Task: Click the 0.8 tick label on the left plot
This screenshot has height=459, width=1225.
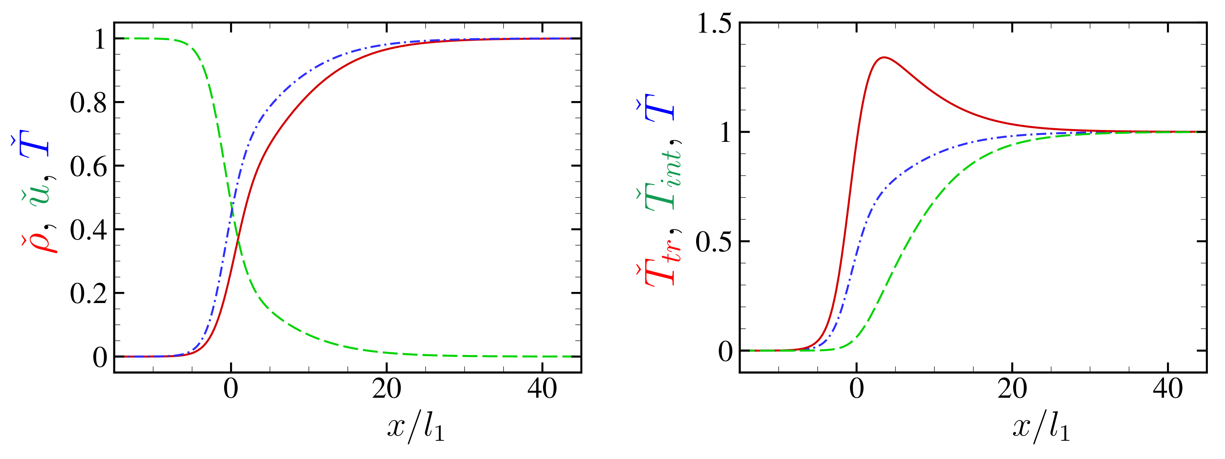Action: click(x=88, y=103)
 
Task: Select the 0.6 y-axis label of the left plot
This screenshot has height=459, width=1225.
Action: click(x=88, y=167)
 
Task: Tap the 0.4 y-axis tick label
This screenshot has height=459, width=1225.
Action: click(x=88, y=231)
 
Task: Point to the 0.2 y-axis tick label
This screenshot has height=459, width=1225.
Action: click(x=88, y=294)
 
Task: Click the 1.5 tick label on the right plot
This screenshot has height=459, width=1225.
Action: click(x=714, y=23)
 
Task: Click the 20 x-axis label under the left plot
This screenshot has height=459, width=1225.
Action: click(x=386, y=390)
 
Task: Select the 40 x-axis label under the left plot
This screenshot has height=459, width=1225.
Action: click(x=542, y=390)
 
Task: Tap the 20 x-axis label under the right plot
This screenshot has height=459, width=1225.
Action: click(x=1012, y=390)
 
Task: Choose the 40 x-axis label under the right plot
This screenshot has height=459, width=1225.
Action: click(x=1168, y=390)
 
